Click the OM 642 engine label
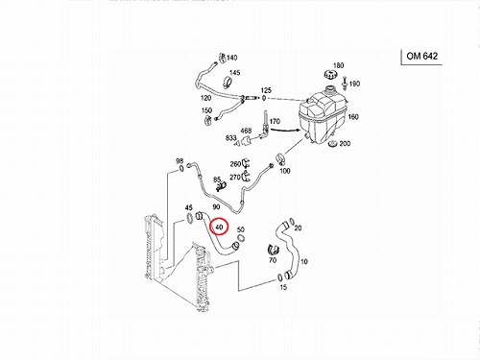(421, 56)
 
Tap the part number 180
(338, 65)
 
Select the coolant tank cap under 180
(329, 76)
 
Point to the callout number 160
(353, 117)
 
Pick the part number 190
(354, 84)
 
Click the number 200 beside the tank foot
(345, 144)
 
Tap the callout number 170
(275, 122)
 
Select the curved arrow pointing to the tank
(285, 130)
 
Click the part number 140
(232, 58)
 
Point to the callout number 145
(235, 73)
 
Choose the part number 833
(230, 137)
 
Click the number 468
(246, 131)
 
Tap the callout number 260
(235, 164)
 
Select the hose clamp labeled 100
(280, 158)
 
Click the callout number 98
(180, 161)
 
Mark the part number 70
(273, 260)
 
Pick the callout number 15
(283, 287)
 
